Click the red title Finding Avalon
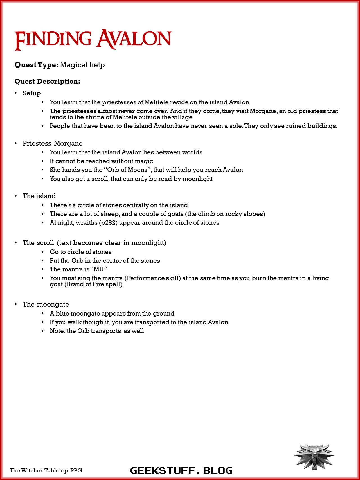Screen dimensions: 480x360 [x=93, y=40]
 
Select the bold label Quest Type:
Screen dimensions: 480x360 [x=37, y=65]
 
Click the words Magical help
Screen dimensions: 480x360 [x=82, y=65]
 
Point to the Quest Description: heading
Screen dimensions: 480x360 [x=47, y=81]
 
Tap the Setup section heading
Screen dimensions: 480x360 [x=32, y=93]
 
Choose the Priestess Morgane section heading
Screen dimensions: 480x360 [x=53, y=143]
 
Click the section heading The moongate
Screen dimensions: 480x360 [x=46, y=304]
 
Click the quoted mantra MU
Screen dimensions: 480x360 [x=99, y=269]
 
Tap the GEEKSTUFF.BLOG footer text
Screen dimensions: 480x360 [x=181, y=470]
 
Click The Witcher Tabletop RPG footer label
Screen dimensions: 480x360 [x=46, y=470]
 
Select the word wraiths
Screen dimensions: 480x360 [x=87, y=223]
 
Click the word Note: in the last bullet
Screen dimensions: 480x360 [x=57, y=331]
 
